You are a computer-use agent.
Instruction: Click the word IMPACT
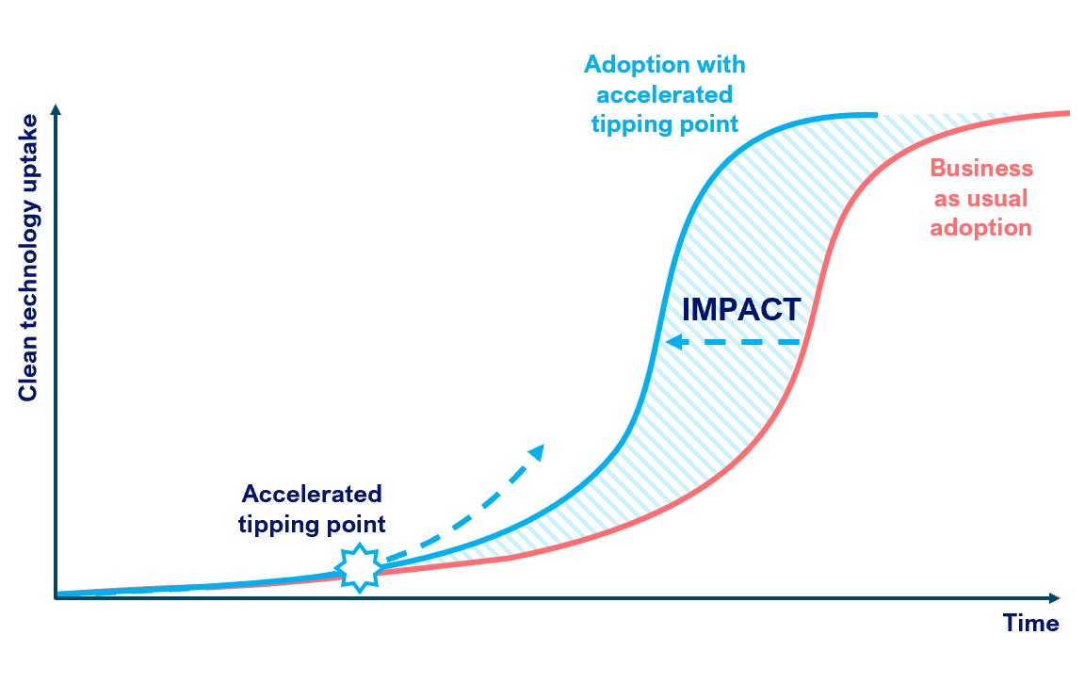coord(741,309)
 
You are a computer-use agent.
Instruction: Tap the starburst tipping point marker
coord(359,567)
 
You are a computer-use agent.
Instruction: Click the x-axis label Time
coord(1030,624)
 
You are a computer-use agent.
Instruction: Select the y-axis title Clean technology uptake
coord(28,257)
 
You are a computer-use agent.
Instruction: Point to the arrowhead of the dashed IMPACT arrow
coord(672,342)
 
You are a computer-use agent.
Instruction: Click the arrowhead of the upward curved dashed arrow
coord(537,451)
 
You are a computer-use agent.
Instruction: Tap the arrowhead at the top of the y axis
coord(57,111)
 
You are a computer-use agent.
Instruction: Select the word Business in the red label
coord(981,169)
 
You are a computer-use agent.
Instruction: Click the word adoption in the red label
coord(980,228)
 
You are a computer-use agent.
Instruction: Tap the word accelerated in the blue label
coord(665,94)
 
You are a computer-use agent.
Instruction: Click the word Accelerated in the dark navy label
coord(312,494)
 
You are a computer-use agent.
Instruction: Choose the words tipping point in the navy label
coord(312,524)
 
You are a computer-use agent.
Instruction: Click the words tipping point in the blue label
coord(665,124)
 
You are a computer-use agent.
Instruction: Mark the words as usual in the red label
coord(980,199)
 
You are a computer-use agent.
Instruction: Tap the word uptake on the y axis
coord(28,148)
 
